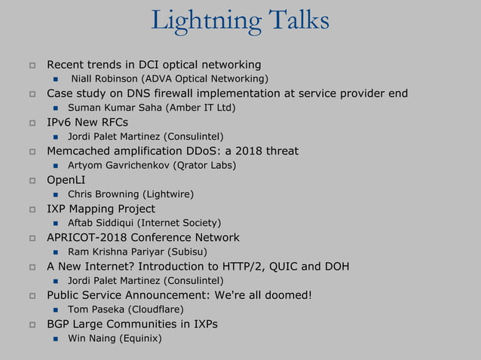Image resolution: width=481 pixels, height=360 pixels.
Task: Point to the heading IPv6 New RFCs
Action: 87,122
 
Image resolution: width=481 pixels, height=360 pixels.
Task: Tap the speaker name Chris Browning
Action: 105,194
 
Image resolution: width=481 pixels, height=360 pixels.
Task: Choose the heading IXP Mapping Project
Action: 101,209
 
